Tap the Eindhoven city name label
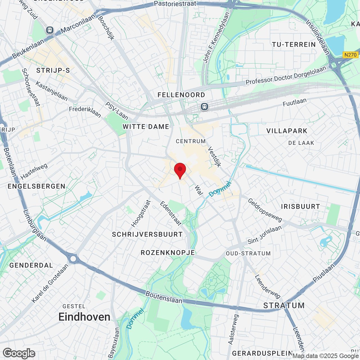(x=84, y=317)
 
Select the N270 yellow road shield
(x=350, y=55)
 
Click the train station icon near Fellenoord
(x=204, y=107)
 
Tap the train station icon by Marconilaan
(x=50, y=30)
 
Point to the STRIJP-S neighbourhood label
(x=53, y=70)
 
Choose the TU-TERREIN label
(x=294, y=45)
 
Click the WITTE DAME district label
(x=146, y=127)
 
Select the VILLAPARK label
(x=287, y=131)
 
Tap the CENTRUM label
(x=191, y=141)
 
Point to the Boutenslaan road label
(x=164, y=297)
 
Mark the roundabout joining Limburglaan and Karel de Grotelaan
(x=73, y=258)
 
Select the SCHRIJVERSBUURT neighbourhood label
(x=147, y=235)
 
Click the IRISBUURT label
(x=300, y=207)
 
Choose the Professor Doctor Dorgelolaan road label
(x=286, y=75)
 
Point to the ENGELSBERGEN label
(x=37, y=186)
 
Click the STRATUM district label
(x=284, y=306)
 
